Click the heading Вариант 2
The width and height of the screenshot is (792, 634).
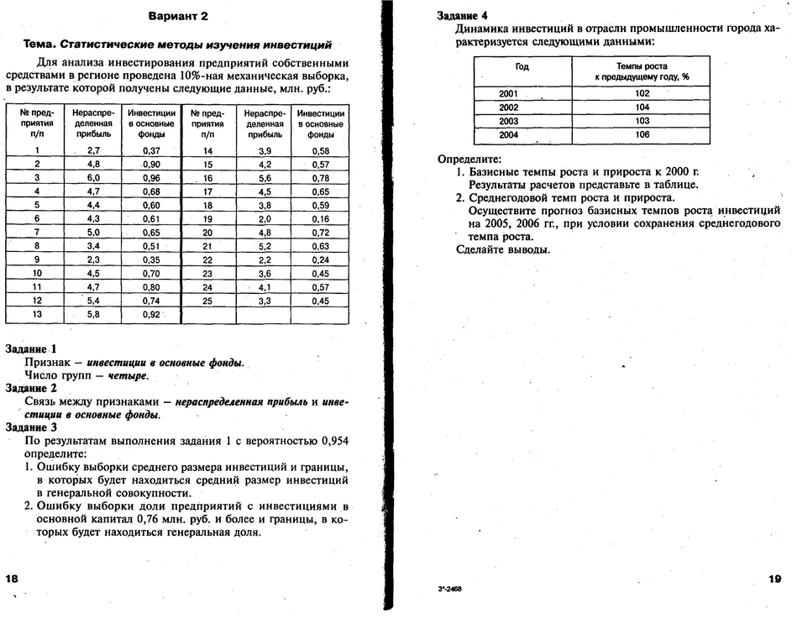(x=178, y=16)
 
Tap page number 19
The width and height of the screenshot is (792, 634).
(x=774, y=579)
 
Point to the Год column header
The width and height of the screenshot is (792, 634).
(x=522, y=65)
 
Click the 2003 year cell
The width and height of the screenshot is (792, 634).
(x=509, y=122)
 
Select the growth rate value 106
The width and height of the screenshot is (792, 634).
(x=642, y=134)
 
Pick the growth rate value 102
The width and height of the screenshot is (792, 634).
(x=642, y=94)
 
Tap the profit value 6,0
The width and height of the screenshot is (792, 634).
(x=93, y=178)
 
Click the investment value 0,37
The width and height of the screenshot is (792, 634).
(x=151, y=150)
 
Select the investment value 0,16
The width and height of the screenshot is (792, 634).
(x=320, y=218)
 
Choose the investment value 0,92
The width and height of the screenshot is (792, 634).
(x=151, y=314)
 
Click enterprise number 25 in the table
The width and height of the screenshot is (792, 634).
(x=208, y=301)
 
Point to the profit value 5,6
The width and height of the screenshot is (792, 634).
(x=265, y=178)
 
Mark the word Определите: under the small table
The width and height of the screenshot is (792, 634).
(x=469, y=160)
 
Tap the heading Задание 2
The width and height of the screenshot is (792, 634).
(x=31, y=389)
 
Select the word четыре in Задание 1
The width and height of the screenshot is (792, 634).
(x=129, y=375)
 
